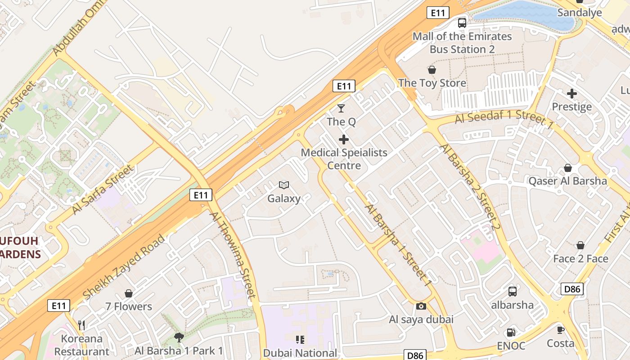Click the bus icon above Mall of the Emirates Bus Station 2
pyautogui.click(x=462, y=23)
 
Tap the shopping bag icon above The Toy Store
pyautogui.click(x=432, y=70)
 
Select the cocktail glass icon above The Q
pyautogui.click(x=341, y=108)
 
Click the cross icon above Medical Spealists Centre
pyautogui.click(x=344, y=139)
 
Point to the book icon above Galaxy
pyautogui.click(x=283, y=185)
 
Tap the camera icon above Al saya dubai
pyautogui.click(x=421, y=306)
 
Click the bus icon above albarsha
pyautogui.click(x=512, y=292)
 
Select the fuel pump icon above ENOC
pyautogui.click(x=511, y=333)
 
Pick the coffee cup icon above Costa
pyautogui.click(x=561, y=330)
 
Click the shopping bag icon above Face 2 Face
pyautogui.click(x=580, y=245)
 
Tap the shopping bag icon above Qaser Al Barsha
pyautogui.click(x=568, y=168)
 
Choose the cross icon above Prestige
pyautogui.click(x=572, y=94)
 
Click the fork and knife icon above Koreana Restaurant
pyautogui.click(x=81, y=325)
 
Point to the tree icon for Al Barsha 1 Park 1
pyautogui.click(x=179, y=337)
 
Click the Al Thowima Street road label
pyautogui.click(x=232, y=255)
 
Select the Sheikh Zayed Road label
pyautogui.click(x=124, y=266)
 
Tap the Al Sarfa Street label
pyautogui.click(x=103, y=189)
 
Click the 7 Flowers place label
pyautogui.click(x=129, y=306)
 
